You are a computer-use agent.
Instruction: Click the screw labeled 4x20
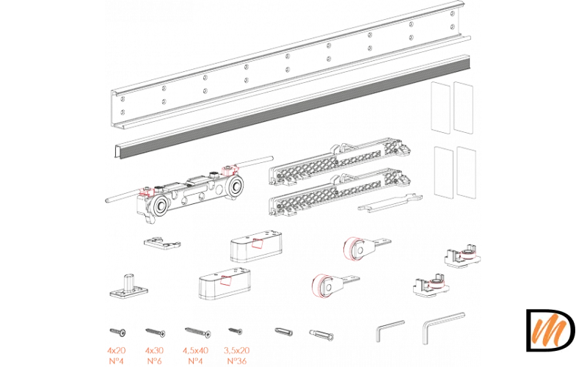click(x=117, y=332)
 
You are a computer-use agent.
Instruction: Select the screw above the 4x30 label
click(x=156, y=333)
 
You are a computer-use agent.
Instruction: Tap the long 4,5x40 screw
click(x=197, y=332)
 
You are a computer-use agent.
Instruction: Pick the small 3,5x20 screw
click(x=236, y=331)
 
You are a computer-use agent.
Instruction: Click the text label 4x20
click(x=117, y=351)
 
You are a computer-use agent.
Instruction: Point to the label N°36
click(x=236, y=361)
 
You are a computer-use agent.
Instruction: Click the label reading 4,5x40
click(x=195, y=351)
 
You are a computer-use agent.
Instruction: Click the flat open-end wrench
click(x=390, y=203)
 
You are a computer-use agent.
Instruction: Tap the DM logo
click(x=551, y=330)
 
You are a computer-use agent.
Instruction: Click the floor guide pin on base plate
click(x=128, y=286)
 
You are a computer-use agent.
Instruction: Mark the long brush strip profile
click(x=292, y=106)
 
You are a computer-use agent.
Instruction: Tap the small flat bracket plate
click(x=162, y=242)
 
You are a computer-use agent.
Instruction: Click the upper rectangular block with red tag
click(x=256, y=246)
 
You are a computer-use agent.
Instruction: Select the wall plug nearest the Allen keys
click(x=321, y=335)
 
